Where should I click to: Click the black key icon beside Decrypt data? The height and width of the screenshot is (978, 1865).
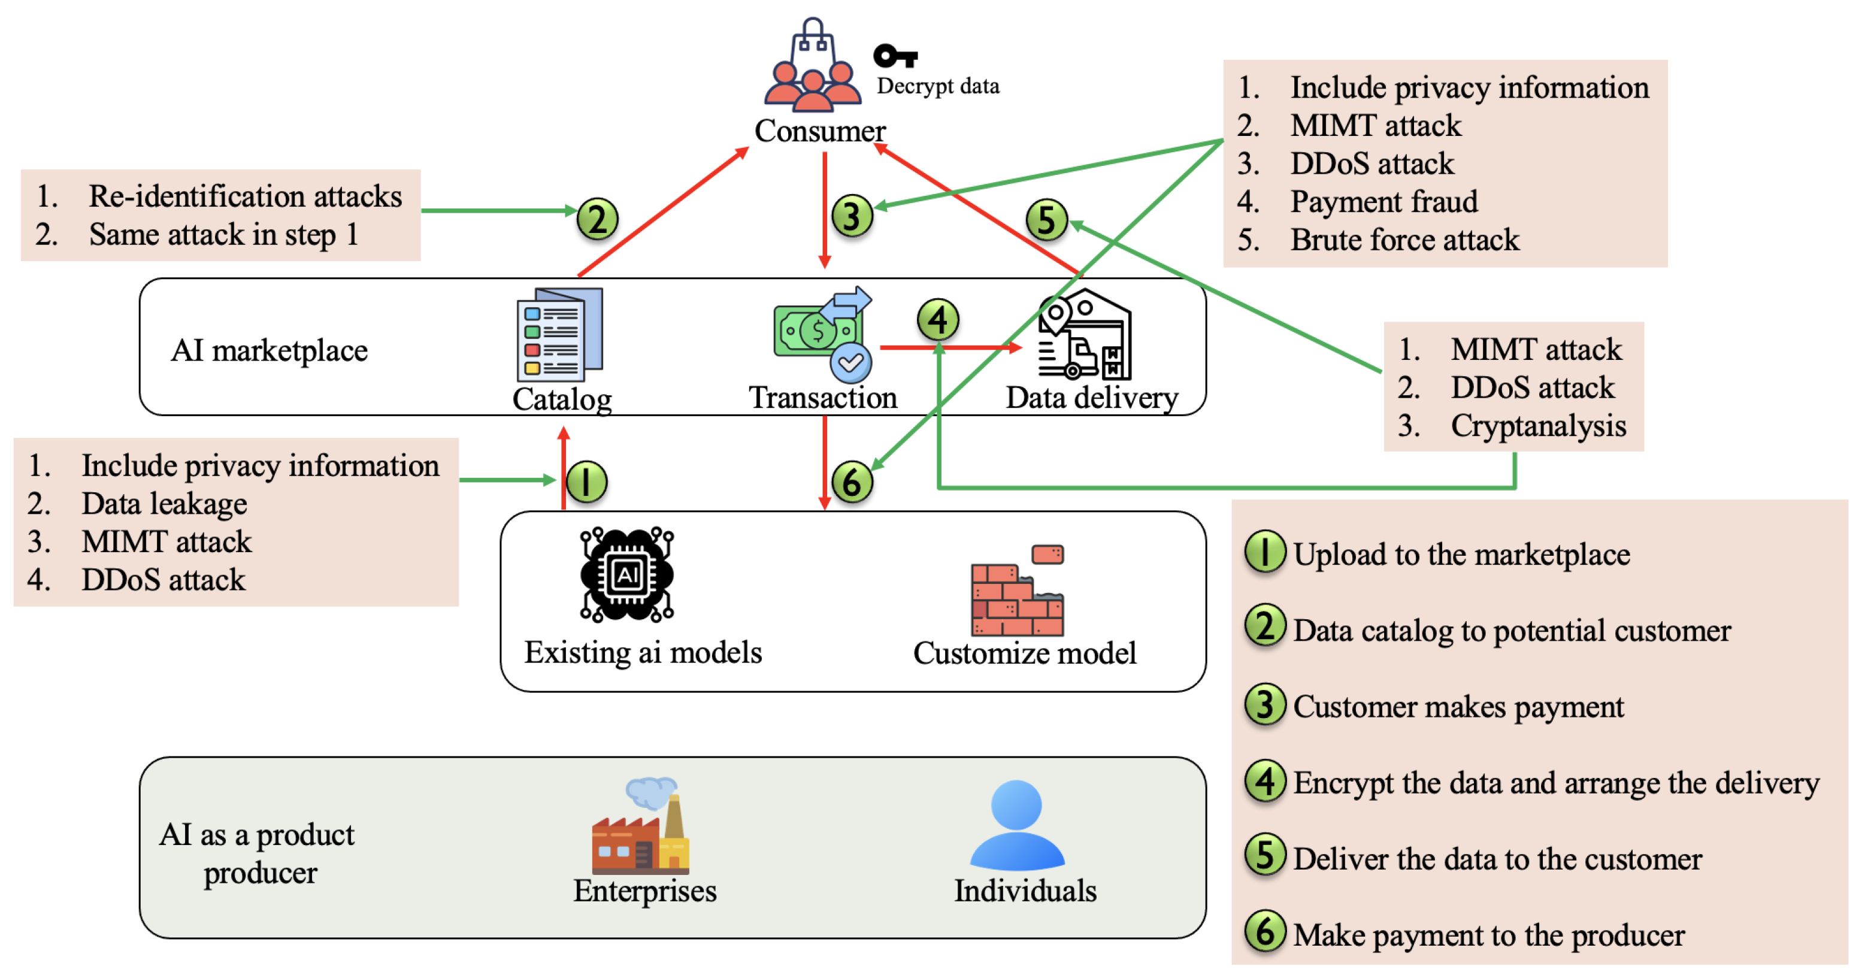(x=895, y=56)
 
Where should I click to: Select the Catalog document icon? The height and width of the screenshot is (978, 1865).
(x=559, y=335)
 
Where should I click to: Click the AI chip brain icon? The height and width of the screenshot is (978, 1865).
(x=627, y=575)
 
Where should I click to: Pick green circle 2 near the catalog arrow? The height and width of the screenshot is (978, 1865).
(x=597, y=219)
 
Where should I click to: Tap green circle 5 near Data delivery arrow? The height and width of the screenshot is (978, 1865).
(x=1047, y=220)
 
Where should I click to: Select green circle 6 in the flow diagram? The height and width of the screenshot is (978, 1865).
(x=852, y=482)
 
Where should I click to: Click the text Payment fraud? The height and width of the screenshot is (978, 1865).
(x=1383, y=201)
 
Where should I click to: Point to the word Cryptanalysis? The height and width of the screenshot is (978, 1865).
(x=1539, y=426)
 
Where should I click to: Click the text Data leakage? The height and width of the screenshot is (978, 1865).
(x=164, y=504)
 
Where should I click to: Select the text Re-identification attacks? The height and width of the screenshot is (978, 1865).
(x=245, y=196)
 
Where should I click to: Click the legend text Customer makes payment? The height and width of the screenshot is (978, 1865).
(x=1458, y=707)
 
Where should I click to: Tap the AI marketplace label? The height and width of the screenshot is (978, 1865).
(x=270, y=350)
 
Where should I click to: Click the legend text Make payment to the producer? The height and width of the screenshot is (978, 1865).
(x=1488, y=934)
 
